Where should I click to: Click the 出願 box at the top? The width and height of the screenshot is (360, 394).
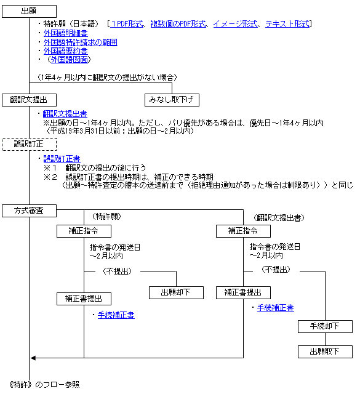click(29, 11)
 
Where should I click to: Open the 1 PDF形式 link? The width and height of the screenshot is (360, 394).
click(127, 24)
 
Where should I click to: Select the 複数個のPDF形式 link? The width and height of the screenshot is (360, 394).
click(178, 24)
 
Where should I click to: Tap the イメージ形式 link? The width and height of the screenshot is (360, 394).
click(236, 24)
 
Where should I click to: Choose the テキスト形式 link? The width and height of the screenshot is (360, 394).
click(287, 24)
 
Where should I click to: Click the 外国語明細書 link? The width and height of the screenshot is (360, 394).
click(66, 33)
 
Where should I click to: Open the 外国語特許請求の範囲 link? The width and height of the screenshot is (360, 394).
click(81, 42)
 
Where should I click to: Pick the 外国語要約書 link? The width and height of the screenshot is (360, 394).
click(66, 51)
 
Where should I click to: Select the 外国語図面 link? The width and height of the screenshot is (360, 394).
click(70, 60)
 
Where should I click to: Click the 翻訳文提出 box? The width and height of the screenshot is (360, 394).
click(29, 100)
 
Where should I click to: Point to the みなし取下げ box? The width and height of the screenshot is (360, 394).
click(172, 100)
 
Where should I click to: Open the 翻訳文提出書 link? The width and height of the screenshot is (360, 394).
click(65, 114)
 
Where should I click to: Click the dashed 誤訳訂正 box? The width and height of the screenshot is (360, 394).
click(29, 144)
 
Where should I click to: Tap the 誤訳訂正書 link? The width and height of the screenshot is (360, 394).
click(62, 159)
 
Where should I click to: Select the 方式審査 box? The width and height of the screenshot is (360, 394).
click(29, 211)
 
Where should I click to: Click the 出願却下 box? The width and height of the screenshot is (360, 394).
click(176, 293)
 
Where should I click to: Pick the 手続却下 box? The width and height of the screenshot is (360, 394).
click(325, 327)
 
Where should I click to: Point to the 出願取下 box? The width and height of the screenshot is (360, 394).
click(325, 352)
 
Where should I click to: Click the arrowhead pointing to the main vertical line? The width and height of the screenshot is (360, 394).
click(33, 358)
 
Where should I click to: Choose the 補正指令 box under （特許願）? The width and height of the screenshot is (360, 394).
click(84, 231)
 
